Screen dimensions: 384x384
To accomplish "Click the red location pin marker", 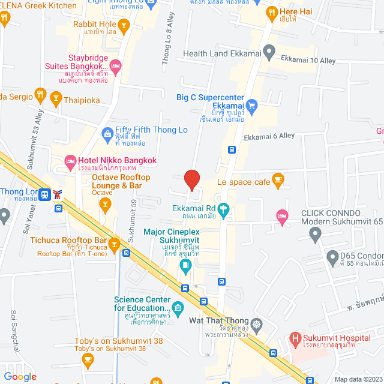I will [191, 179].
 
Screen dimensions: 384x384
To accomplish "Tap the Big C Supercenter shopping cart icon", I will [252, 106].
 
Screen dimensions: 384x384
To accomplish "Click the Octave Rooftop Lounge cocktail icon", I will [106, 206].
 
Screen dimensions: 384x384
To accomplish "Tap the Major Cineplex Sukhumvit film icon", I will [186, 264].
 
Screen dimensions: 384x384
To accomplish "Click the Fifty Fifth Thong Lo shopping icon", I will [107, 133].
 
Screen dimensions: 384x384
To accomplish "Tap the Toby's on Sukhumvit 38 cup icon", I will [88, 361].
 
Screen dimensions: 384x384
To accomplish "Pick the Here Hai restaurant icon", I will [272, 11].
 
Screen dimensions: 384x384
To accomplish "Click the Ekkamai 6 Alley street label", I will [269, 136].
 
